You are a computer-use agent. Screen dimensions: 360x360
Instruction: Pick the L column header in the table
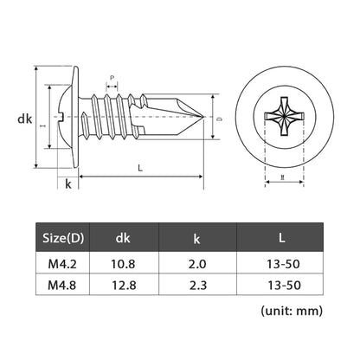pyautogui.click(x=280, y=236)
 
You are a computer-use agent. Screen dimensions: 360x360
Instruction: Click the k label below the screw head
pyautogui.click(x=67, y=183)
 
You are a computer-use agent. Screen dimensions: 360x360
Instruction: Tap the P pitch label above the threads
pyautogui.click(x=112, y=78)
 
